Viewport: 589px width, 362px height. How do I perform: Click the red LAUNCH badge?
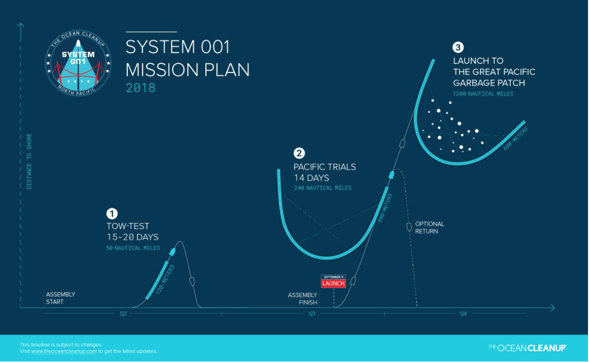pyautogui.click(x=333, y=283)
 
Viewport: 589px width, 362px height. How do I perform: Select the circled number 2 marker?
pyautogui.click(x=299, y=153)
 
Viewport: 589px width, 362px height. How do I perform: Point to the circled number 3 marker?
pyautogui.click(x=458, y=48)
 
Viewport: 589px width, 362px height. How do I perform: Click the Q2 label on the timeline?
pyautogui.click(x=123, y=314)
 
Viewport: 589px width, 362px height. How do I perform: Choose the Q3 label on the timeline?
pyautogui.click(x=312, y=314)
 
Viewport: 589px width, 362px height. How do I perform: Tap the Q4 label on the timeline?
pyautogui.click(x=463, y=314)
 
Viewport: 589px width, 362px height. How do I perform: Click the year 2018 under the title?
pyautogui.click(x=140, y=88)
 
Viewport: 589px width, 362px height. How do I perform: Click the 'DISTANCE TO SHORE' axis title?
pyautogui.click(x=29, y=161)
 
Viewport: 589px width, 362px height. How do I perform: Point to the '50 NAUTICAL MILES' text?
pyautogui.click(x=133, y=248)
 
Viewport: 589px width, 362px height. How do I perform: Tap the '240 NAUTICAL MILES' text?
pyautogui.click(x=322, y=188)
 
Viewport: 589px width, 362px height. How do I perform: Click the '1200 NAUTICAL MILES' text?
pyautogui.click(x=483, y=94)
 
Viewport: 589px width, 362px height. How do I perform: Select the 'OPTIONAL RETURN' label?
pyautogui.click(x=429, y=228)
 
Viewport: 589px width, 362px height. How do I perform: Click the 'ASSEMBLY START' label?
pyautogui.click(x=60, y=298)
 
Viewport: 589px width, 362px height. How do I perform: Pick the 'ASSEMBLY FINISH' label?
pyautogui.click(x=303, y=299)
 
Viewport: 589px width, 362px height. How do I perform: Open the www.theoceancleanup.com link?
pyautogui.click(x=64, y=351)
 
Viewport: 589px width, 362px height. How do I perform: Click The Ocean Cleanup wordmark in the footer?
pyautogui.click(x=527, y=348)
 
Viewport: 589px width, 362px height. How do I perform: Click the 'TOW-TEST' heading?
pyautogui.click(x=128, y=226)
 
